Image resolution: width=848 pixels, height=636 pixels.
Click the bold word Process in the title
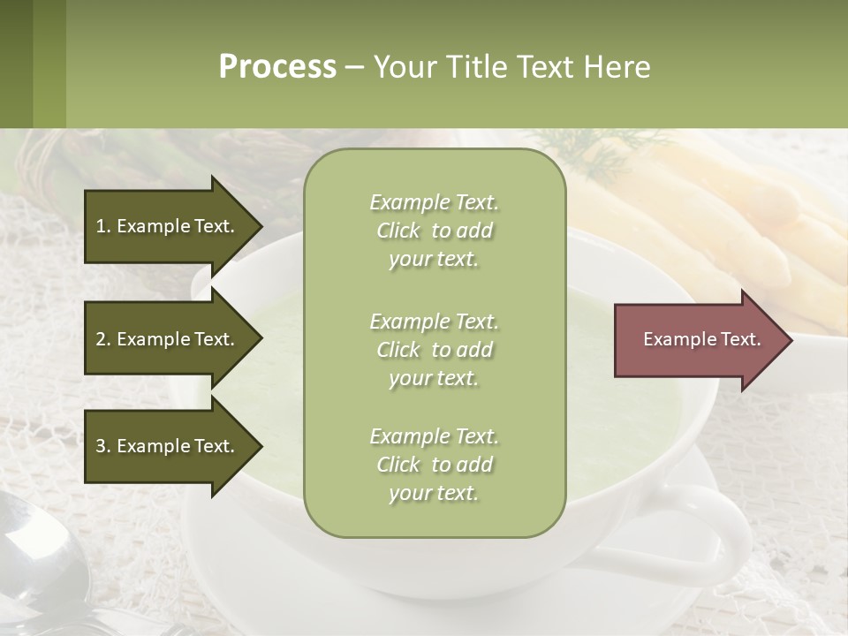(277, 67)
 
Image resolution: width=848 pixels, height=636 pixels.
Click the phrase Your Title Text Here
(511, 67)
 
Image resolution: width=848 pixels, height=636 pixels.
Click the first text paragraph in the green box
(434, 231)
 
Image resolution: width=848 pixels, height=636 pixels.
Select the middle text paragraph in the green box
(434, 350)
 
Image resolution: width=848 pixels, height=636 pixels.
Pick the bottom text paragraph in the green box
(434, 465)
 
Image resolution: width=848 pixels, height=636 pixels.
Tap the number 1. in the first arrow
(102, 226)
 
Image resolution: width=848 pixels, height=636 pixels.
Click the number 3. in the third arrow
(102, 446)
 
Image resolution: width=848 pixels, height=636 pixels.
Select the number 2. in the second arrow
(102, 339)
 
